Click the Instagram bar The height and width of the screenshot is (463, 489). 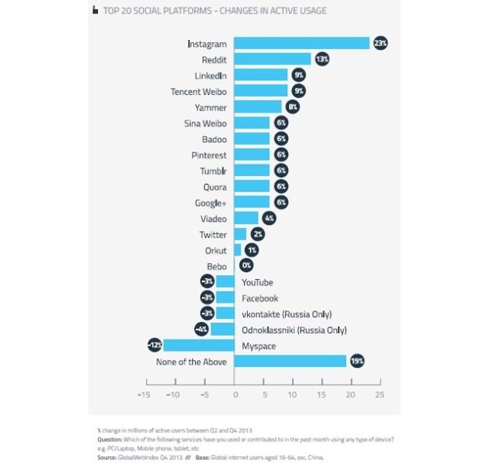302,43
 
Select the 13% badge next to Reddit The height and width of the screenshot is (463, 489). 322,59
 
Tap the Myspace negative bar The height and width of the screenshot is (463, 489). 198,346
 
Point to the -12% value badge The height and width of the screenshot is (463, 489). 155,346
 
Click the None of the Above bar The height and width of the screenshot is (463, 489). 290,361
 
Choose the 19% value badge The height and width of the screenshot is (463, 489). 357,361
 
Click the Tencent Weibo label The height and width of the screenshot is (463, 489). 198,92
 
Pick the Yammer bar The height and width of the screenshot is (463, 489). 258,107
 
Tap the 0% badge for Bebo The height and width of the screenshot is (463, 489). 246,265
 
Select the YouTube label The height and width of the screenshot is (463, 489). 257,282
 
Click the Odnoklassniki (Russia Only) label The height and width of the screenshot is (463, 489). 294,330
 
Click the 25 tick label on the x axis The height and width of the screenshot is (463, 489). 379,395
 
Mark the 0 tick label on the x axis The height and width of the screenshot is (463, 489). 235,395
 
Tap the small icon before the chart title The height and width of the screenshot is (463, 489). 95,10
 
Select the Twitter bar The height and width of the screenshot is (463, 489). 240,234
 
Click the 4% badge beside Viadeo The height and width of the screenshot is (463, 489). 269,218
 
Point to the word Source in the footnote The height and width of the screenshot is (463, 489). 107,457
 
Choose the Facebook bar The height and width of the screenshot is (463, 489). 225,298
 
